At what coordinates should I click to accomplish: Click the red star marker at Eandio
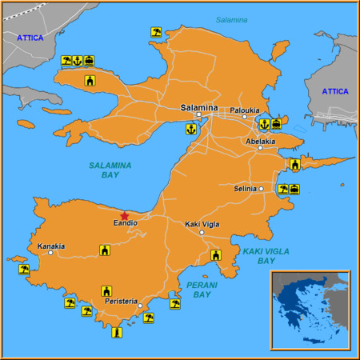[x=124, y=215]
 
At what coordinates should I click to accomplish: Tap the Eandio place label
[x=125, y=223]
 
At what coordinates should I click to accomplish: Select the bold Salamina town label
[x=198, y=107]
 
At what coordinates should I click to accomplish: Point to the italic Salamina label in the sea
[x=231, y=19]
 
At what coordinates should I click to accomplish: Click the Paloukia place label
[x=245, y=110]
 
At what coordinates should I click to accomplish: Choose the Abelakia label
[x=260, y=141]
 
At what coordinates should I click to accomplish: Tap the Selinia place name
[x=245, y=189]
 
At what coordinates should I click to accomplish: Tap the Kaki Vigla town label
[x=202, y=225]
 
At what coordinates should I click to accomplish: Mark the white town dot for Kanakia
[x=50, y=254]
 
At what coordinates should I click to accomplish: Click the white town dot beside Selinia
[x=261, y=189]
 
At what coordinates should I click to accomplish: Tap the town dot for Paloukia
[x=245, y=117]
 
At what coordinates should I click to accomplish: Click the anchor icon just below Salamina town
[x=191, y=127]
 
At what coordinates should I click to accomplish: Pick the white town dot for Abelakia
[x=261, y=148]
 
